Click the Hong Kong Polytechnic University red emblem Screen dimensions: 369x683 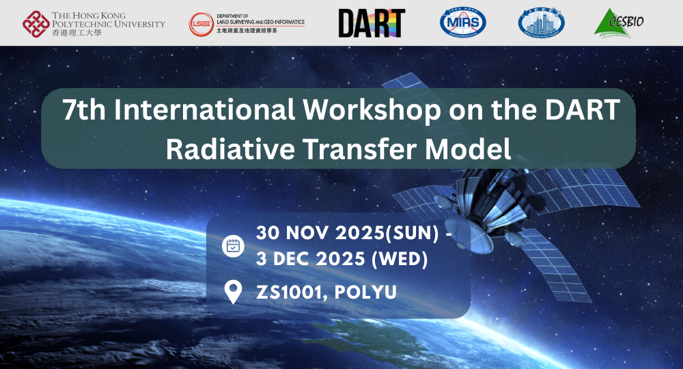pyautogui.click(x=36, y=23)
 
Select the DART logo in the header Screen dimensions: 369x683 pyautogui.click(x=372, y=23)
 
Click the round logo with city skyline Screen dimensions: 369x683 pyautogui.click(x=541, y=23)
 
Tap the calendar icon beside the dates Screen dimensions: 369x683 pyautogui.click(x=234, y=246)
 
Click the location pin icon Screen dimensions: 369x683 pyautogui.click(x=234, y=292)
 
